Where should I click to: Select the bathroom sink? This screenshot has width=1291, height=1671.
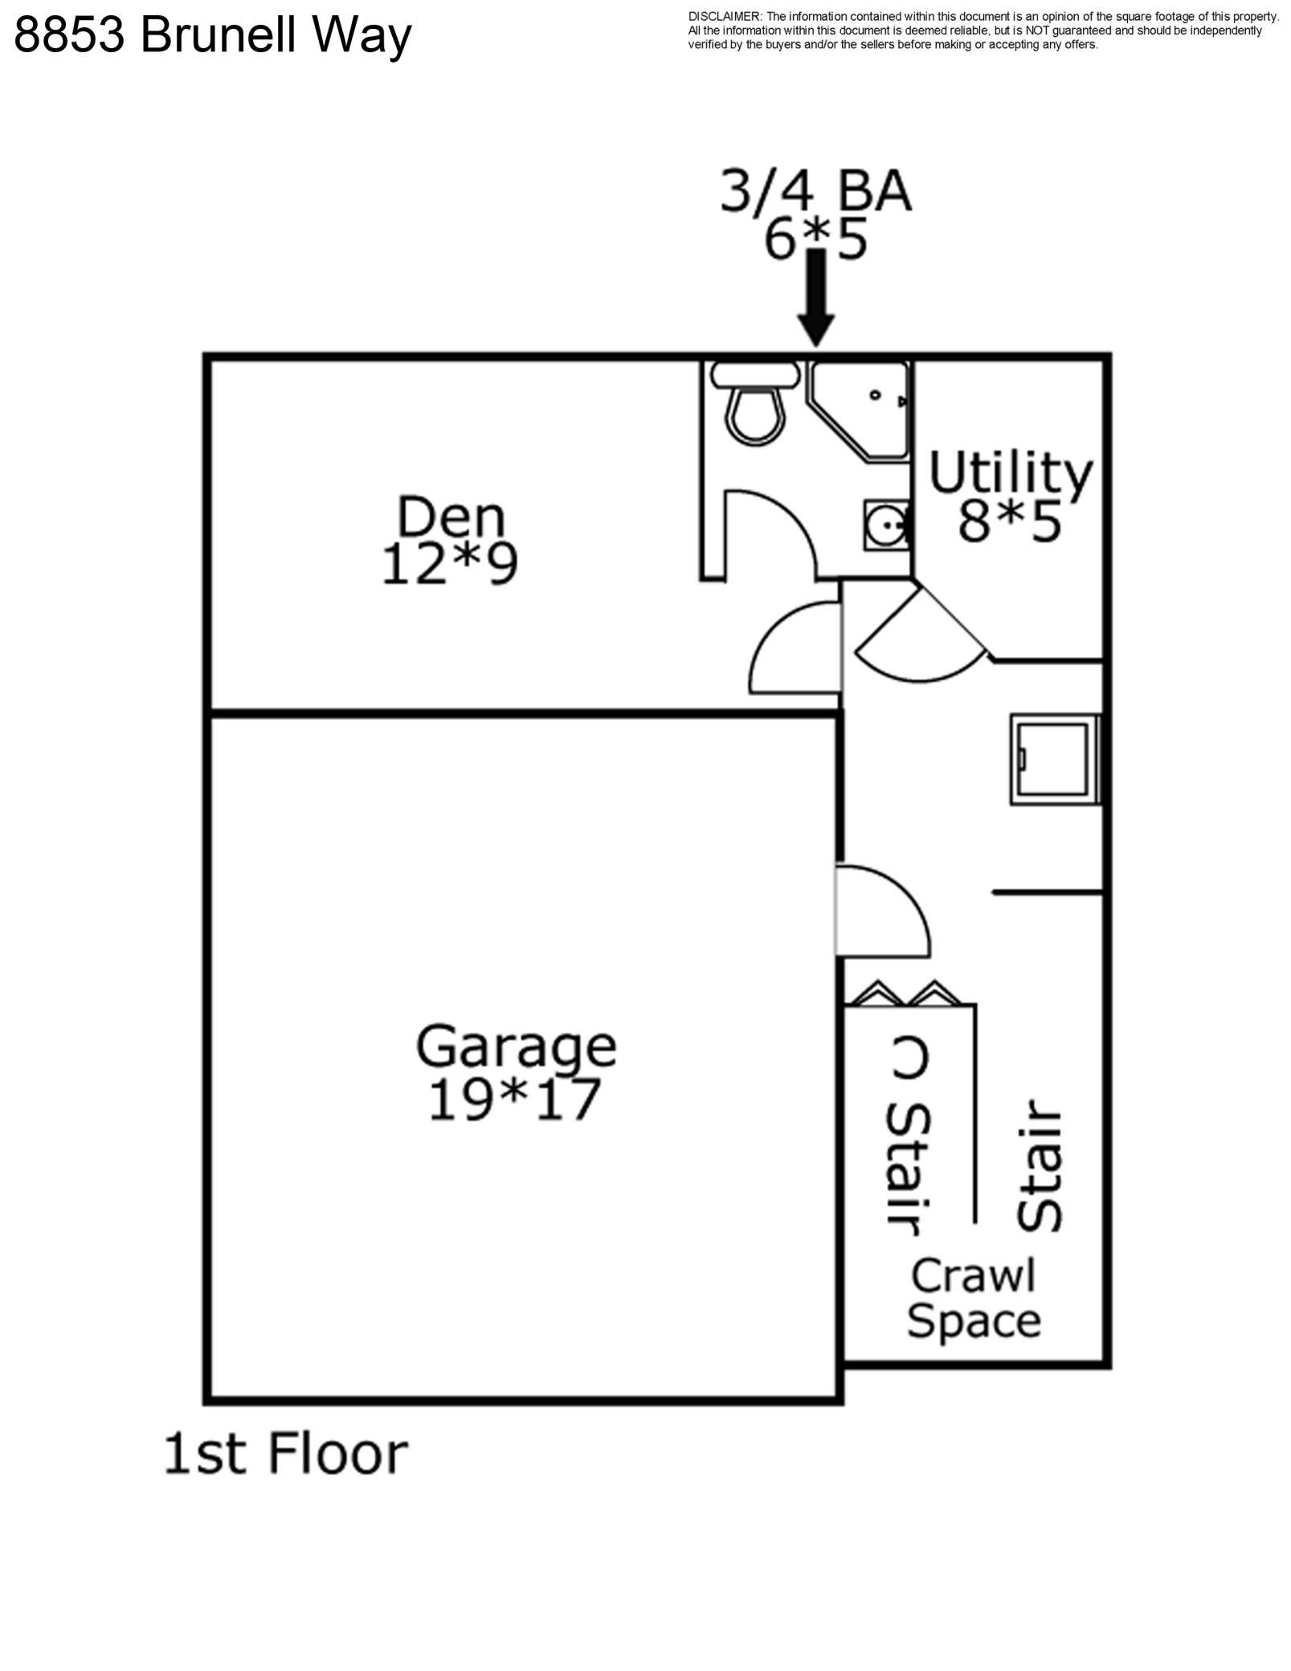[887, 525]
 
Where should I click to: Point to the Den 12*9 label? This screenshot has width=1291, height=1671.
[450, 540]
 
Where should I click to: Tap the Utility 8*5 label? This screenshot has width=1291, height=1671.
[1011, 496]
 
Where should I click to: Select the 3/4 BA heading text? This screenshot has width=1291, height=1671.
[815, 191]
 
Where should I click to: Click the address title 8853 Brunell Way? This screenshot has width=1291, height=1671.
[213, 35]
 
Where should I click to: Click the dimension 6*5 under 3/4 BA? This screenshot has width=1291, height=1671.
[815, 240]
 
